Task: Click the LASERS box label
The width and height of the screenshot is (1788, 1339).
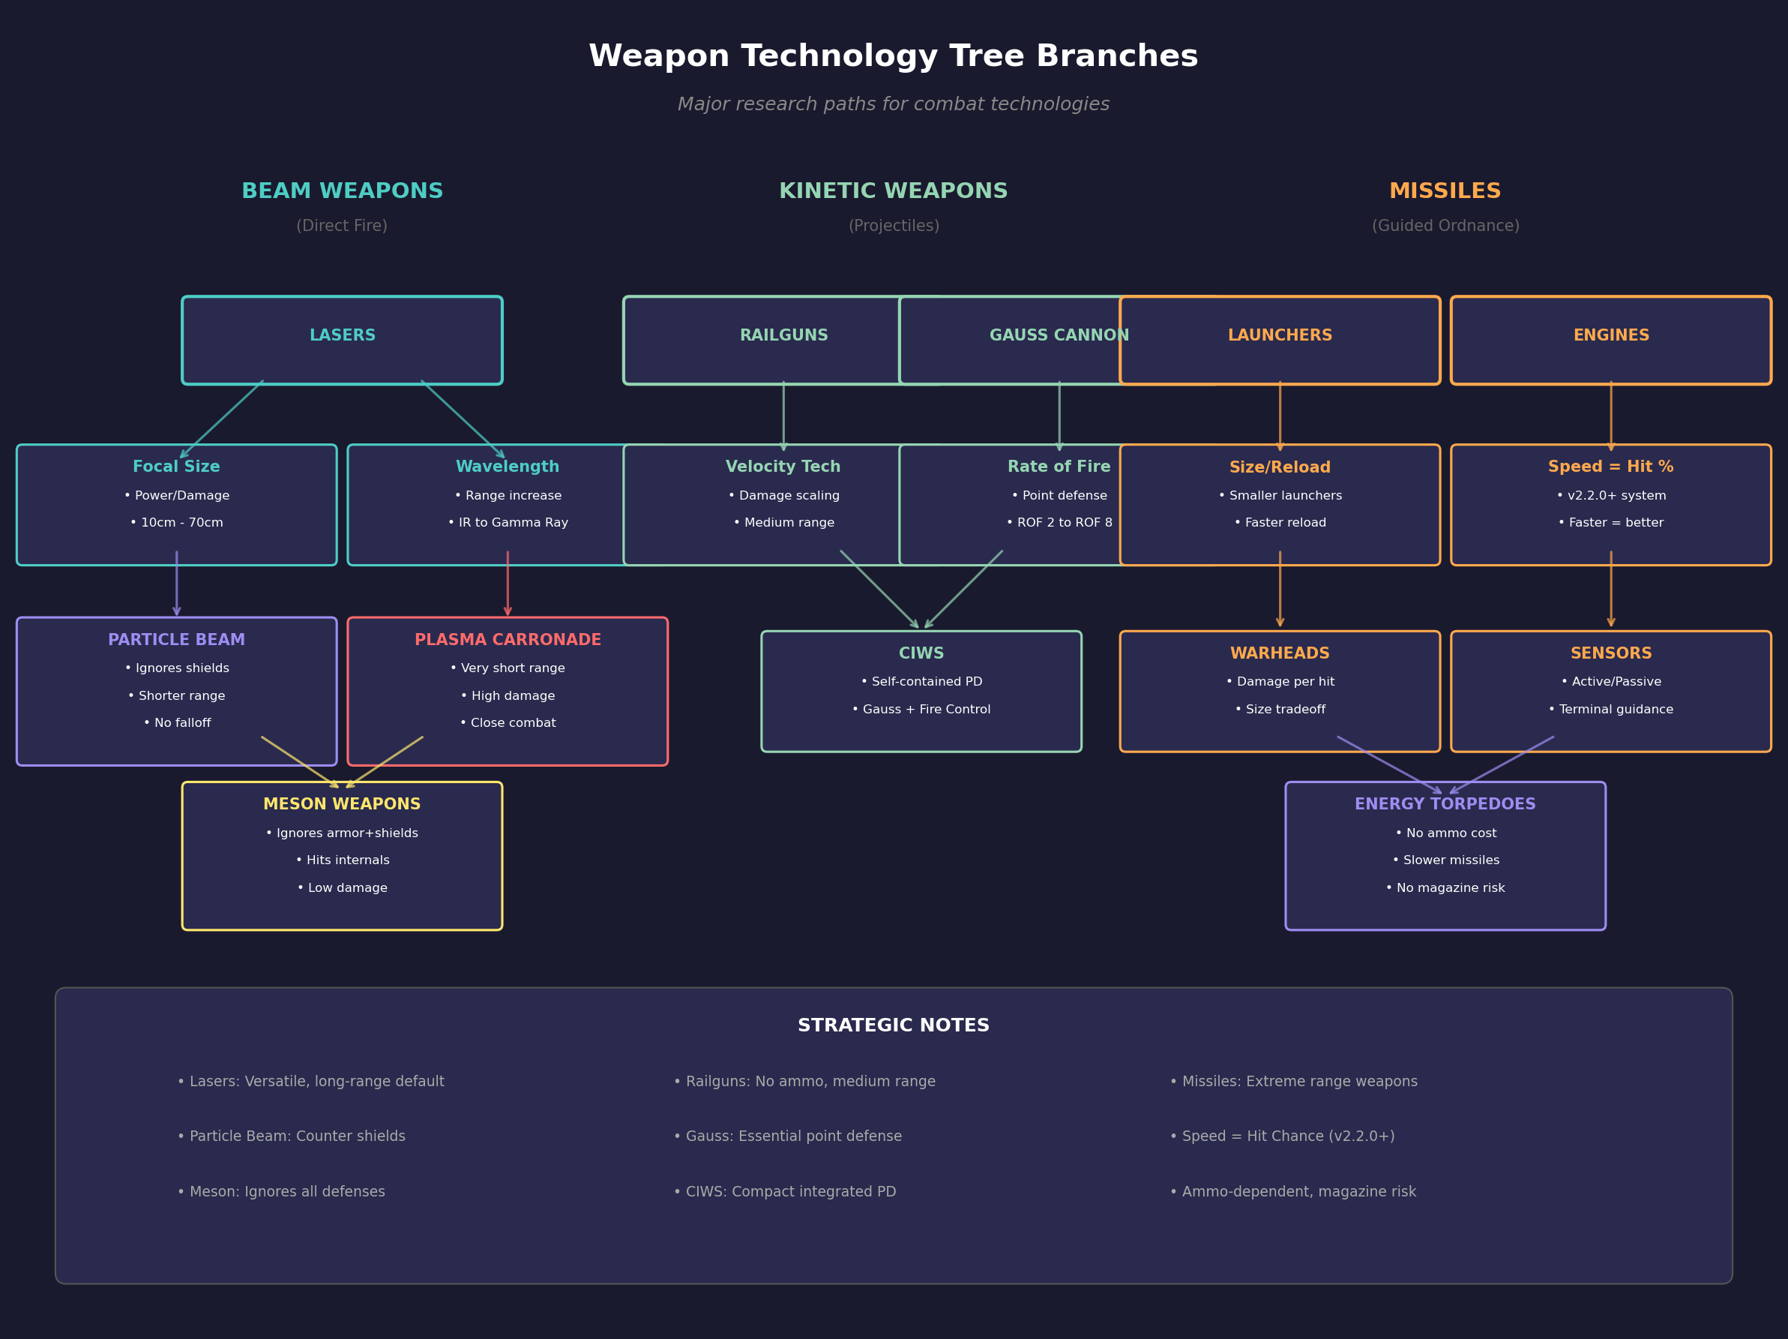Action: click(342, 335)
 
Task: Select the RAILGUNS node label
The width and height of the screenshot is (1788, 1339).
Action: click(783, 335)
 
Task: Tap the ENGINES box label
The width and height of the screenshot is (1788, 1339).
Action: click(1610, 335)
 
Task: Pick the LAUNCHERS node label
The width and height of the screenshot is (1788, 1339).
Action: click(1280, 335)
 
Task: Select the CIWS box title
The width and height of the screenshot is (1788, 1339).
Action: click(921, 653)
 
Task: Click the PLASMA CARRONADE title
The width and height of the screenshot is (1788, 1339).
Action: click(508, 640)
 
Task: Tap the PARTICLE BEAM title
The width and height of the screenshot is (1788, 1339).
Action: click(176, 640)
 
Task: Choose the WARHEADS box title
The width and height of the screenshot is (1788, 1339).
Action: click(1280, 653)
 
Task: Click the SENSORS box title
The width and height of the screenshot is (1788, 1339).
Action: click(1610, 653)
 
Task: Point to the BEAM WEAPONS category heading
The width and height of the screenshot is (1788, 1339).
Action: click(342, 191)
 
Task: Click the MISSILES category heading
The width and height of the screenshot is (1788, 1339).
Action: click(1445, 191)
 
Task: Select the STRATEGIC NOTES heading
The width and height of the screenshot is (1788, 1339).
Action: click(893, 1025)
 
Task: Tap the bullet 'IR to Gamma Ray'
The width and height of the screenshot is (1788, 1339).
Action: click(508, 523)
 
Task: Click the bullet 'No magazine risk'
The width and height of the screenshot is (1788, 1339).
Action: click(1445, 889)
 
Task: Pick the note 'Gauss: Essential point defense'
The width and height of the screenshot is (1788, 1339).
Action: click(788, 1136)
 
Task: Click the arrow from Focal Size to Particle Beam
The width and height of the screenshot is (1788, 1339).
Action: click(176, 584)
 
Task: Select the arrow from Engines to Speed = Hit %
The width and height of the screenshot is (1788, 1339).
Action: click(1610, 416)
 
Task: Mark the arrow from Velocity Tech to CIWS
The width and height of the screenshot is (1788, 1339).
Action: click(879, 590)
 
